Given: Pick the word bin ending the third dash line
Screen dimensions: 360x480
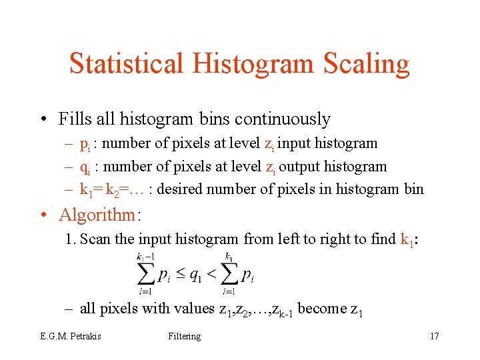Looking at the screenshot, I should (413, 189).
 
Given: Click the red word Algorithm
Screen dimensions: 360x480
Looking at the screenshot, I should (97, 215).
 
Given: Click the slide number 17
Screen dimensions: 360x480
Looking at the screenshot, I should (434, 336).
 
